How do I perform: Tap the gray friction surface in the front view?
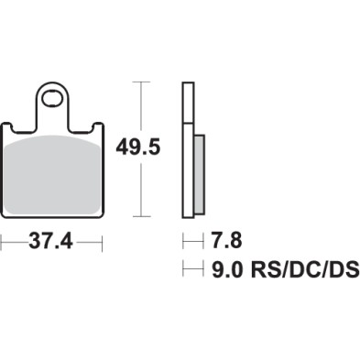[x=53, y=174]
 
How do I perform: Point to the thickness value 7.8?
[x=227, y=244]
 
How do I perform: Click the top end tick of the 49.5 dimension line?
[x=139, y=82]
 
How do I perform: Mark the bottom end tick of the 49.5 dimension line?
[x=139, y=217]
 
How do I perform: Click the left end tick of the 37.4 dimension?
[x=3, y=244]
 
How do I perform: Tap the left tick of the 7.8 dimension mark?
[x=185, y=244]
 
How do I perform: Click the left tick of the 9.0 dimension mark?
[x=185, y=270]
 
